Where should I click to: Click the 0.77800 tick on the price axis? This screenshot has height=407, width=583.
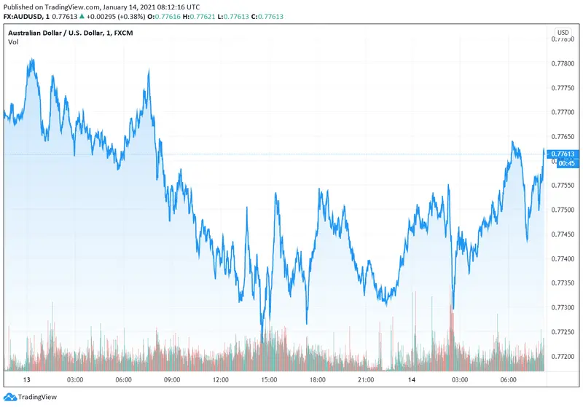click(563, 63)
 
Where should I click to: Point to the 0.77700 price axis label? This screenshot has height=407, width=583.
click(563, 112)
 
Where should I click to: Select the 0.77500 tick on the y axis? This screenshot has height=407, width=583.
click(563, 210)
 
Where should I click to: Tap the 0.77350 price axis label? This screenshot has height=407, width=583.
click(563, 282)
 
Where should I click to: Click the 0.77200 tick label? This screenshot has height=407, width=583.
click(563, 356)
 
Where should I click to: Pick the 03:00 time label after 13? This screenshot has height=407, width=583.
click(75, 380)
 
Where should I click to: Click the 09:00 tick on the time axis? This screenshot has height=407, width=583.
click(172, 380)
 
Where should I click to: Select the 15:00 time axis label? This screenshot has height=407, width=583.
click(269, 380)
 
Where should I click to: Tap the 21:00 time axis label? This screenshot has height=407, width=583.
click(366, 380)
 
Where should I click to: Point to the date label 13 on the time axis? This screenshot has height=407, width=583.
click(27, 380)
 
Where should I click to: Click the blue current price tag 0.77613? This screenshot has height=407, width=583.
click(563, 154)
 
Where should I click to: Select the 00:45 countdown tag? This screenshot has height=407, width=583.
click(563, 163)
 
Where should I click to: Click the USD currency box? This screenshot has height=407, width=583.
click(563, 33)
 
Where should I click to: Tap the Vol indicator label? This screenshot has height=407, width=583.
click(14, 42)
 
